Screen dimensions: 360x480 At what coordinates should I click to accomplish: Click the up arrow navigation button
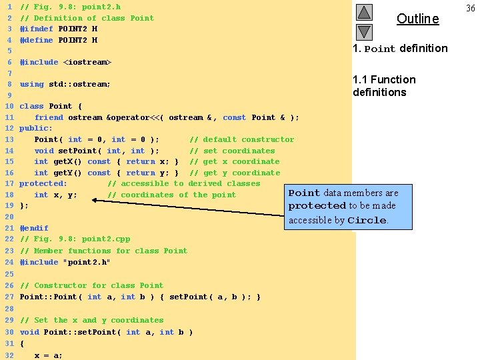(363, 13)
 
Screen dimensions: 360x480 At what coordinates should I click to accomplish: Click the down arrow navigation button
(363, 31)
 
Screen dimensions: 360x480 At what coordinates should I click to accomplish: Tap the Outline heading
(418, 19)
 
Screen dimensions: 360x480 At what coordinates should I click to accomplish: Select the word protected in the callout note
(317, 206)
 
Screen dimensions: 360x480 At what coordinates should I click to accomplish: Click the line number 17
(9, 183)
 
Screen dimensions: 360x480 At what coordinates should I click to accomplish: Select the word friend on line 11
(49, 117)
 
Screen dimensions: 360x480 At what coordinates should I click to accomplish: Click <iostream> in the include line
(87, 62)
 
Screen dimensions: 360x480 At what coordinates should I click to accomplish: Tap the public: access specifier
(36, 128)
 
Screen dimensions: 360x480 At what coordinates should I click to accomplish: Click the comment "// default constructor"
(241, 139)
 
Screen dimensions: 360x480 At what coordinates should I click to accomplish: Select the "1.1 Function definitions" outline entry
(384, 86)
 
